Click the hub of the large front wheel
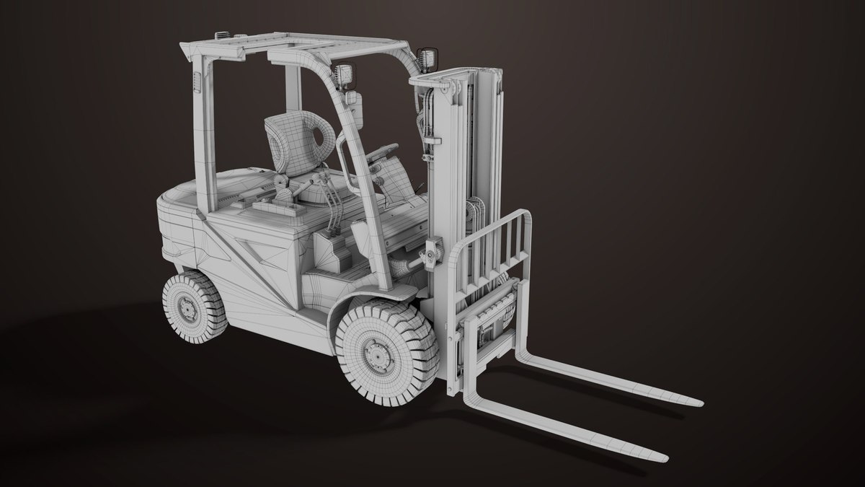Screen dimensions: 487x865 [x=376, y=354]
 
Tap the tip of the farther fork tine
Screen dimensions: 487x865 [x=697, y=400]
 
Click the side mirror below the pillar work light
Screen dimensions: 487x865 [x=354, y=106]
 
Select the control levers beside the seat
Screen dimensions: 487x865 [x=332, y=209]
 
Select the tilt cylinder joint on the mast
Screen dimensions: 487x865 [x=432, y=253]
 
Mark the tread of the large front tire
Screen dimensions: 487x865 [x=418, y=325]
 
